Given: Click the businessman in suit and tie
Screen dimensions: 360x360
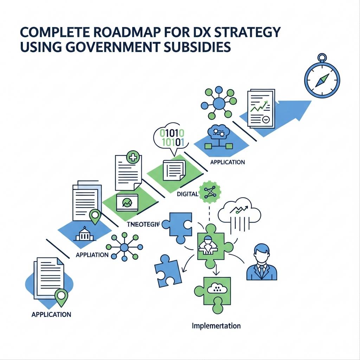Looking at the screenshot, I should point(262,263).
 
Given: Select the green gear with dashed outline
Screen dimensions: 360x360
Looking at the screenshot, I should point(210,192).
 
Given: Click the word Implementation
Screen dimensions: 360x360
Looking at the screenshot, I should point(216,326).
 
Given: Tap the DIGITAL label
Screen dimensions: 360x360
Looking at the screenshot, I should point(187,194).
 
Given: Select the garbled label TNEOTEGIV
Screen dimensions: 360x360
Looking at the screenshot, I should point(142,224).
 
